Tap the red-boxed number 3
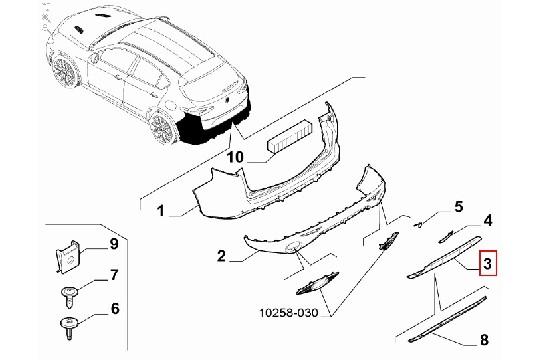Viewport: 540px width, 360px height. (487, 264)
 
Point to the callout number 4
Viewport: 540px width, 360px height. (487, 219)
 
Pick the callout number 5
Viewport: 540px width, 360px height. (458, 207)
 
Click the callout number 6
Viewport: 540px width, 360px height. (114, 310)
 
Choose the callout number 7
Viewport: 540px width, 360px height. (114, 275)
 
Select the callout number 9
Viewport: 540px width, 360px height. (114, 242)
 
